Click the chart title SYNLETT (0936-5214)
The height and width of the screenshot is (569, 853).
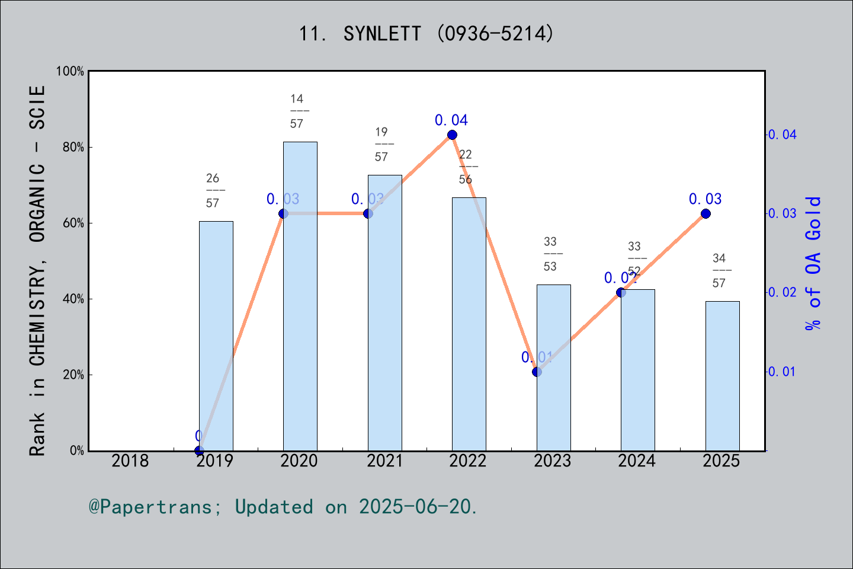(x=426, y=34)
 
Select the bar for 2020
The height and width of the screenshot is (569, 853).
(x=300, y=296)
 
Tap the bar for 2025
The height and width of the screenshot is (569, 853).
(x=722, y=376)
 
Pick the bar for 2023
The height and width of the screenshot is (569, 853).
(x=553, y=367)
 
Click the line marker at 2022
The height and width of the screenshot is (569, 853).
(x=452, y=135)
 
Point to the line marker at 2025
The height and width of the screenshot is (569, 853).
(x=706, y=213)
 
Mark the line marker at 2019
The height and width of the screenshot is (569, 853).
(x=199, y=450)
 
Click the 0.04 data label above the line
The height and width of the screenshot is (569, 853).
(x=451, y=120)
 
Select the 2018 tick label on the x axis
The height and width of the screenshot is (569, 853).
(x=130, y=461)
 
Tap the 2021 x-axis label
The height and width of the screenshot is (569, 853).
(x=384, y=461)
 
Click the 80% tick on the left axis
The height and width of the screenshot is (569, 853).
(x=73, y=148)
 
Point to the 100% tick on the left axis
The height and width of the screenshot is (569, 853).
(x=70, y=72)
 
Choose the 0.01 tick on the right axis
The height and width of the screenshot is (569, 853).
(x=783, y=372)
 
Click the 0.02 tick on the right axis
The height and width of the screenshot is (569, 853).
(x=783, y=292)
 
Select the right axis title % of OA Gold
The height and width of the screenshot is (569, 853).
(x=813, y=263)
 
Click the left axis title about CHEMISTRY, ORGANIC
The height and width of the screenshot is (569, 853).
(x=37, y=270)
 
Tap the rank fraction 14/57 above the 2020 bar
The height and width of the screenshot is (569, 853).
(x=297, y=111)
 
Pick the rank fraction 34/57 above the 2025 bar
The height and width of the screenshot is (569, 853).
(x=719, y=270)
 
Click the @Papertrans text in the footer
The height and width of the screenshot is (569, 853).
(x=150, y=507)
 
